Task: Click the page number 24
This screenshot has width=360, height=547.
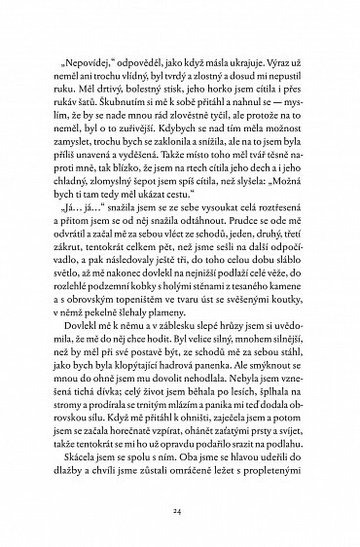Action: [180, 510]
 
